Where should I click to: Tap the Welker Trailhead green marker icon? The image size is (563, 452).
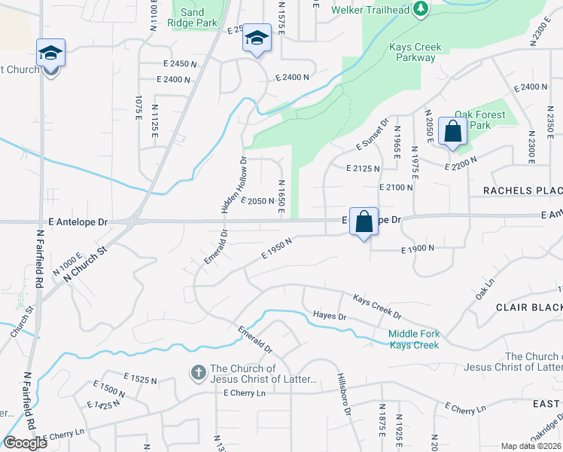point(421,9)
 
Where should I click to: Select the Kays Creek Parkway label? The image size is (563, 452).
point(412,52)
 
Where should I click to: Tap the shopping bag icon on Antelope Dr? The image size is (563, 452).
point(364,221)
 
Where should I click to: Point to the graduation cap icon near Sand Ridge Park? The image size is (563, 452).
point(257,39)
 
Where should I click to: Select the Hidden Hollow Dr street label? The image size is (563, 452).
point(233,184)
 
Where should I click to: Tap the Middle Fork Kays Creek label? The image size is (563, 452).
point(413,340)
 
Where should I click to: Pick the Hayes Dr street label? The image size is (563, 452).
point(329,316)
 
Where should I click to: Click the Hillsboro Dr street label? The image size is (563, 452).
point(344,392)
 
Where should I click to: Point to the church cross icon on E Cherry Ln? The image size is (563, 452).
point(197,372)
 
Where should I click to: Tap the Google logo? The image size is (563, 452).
point(25,442)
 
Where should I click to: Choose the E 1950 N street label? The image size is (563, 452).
point(276,248)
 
